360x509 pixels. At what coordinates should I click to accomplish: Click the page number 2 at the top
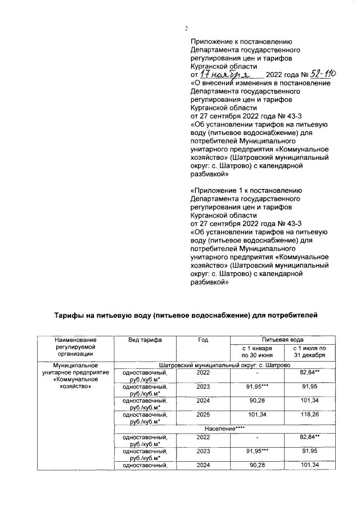pos(185,29)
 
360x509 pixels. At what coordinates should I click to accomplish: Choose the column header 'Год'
pos(203,340)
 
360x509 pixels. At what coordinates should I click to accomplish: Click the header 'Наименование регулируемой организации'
pos(75,346)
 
